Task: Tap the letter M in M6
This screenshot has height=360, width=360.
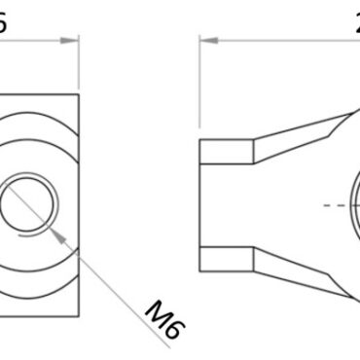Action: tap(159, 313)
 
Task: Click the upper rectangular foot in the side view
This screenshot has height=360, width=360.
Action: tap(227, 151)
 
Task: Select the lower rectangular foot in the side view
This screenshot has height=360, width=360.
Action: tap(227, 259)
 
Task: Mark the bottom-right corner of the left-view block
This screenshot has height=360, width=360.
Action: tap(79, 317)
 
